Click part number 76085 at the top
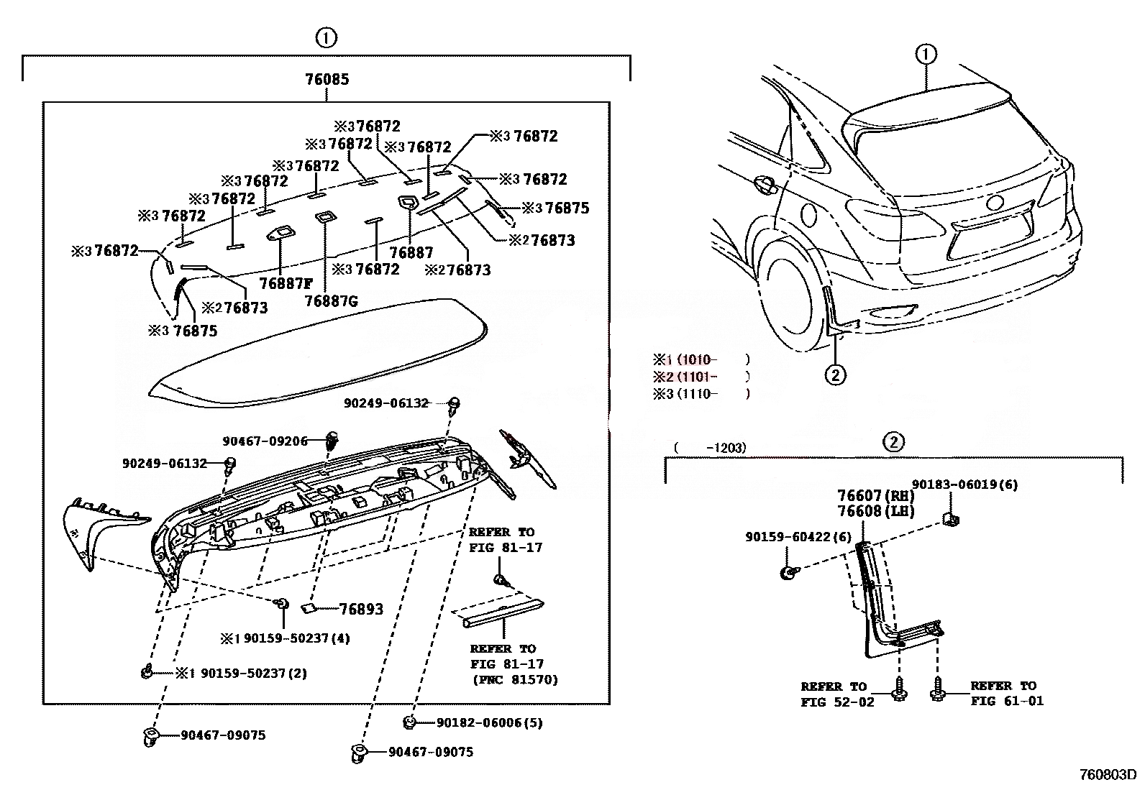point(327,79)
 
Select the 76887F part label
point(286,283)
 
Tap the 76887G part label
point(331,301)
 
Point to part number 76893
point(361,610)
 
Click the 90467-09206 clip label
point(265,441)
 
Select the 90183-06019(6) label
point(964,485)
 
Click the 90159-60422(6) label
point(798,537)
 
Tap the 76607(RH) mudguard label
point(875,496)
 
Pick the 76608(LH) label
point(875,512)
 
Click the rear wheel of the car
point(790,288)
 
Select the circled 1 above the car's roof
point(926,54)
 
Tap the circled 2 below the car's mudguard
point(834,374)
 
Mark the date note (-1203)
point(710,448)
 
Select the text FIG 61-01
point(1006,701)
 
